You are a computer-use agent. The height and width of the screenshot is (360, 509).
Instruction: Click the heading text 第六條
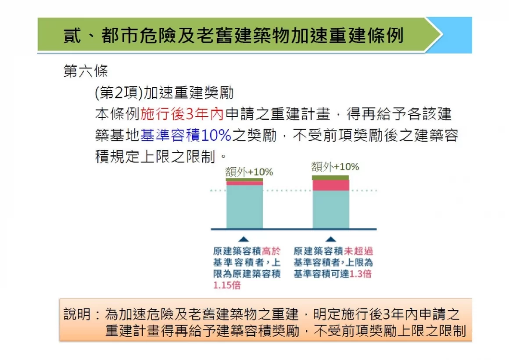pyautogui.click(x=86, y=71)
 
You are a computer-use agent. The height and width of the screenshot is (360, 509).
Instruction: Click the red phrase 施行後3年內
pyautogui.click(x=182, y=114)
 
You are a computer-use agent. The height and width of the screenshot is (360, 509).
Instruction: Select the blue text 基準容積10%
pyautogui.click(x=186, y=135)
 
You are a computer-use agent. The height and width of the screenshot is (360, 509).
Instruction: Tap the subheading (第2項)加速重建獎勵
pyautogui.click(x=164, y=93)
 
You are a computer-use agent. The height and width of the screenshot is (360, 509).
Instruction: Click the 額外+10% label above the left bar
pyautogui.click(x=249, y=172)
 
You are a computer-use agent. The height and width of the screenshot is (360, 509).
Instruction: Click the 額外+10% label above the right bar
pyautogui.click(x=335, y=167)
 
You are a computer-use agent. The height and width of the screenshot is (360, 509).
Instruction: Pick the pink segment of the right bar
pyautogui.click(x=331, y=185)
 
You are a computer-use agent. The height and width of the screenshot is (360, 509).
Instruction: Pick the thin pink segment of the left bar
pyautogui.click(x=244, y=183)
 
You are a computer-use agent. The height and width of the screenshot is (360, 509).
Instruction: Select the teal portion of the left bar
pyautogui.click(x=244, y=207)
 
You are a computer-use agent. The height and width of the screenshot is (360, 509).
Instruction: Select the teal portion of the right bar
pyautogui.click(x=331, y=209)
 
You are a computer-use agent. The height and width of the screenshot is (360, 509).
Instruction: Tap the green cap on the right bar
pyautogui.click(x=330, y=178)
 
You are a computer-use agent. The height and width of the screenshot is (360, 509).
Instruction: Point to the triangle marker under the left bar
pyautogui.click(x=244, y=239)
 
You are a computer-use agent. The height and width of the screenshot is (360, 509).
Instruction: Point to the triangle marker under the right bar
pyautogui.click(x=330, y=239)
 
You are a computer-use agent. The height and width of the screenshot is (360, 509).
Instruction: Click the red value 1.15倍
pyautogui.click(x=227, y=285)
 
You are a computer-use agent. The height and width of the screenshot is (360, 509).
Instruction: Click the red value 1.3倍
pyautogui.click(x=360, y=274)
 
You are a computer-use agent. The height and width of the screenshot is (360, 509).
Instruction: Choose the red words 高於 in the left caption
pyautogui.click(x=271, y=251)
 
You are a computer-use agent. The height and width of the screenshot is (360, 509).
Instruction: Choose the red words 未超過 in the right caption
pyautogui.click(x=358, y=251)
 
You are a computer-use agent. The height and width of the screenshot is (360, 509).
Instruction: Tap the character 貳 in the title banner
pyautogui.click(x=72, y=36)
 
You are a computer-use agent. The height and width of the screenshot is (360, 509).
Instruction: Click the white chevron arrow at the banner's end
pyautogui.click(x=434, y=35)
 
